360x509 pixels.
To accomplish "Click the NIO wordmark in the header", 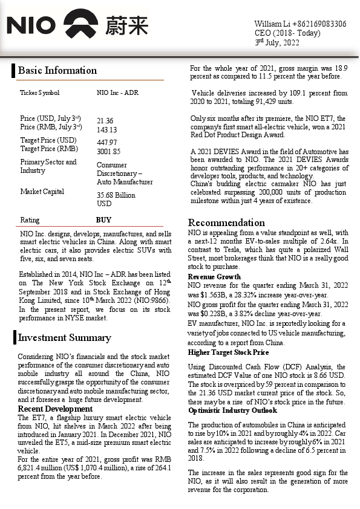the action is tap(31, 25).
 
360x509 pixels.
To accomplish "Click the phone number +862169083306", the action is tap(318, 24).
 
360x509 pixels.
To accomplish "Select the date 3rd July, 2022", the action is tap(277, 42).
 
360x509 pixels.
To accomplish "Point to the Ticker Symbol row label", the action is tap(40, 93).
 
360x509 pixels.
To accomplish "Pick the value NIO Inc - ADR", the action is tap(117, 93).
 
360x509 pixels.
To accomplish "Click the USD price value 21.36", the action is tap(105, 121).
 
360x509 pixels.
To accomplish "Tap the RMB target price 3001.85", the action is tap(108, 151).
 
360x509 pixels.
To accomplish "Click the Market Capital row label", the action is tap(42, 192).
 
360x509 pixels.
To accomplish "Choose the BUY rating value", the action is tap(103, 220).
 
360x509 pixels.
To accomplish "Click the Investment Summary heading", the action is tap(64, 337).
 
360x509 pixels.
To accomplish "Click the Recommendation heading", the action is tap(226, 222).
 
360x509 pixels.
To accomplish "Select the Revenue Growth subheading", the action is tap(214, 276).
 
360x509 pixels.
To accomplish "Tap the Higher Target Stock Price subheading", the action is tap(228, 352).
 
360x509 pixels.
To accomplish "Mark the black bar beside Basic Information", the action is tap(13, 70).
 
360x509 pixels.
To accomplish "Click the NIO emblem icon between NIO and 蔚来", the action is tap(80, 25).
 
